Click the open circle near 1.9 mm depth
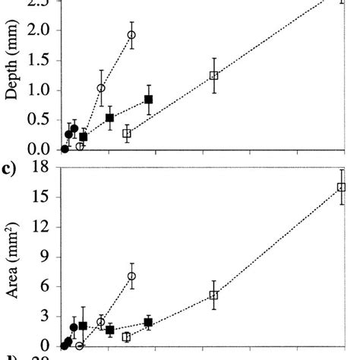point(131,35)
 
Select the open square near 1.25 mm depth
point(213,75)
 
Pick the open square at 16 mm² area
point(341,187)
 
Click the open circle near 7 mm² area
point(131,276)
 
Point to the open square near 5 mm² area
point(213,295)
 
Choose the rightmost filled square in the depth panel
point(148,99)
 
